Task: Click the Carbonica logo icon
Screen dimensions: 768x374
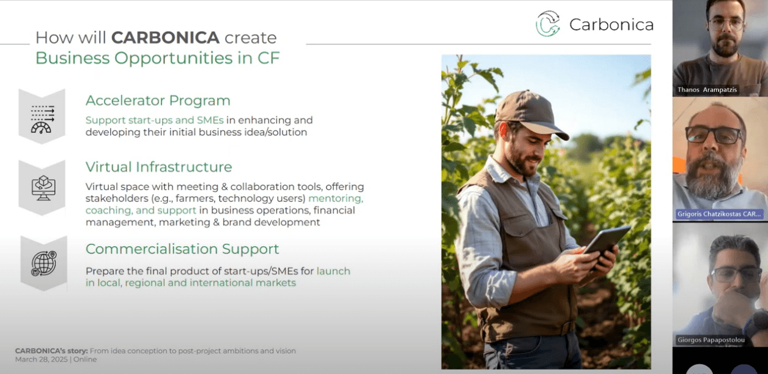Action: pyautogui.click(x=548, y=24)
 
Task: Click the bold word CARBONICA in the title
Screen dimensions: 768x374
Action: pyautogui.click(x=165, y=37)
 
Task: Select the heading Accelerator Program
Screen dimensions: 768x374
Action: pyautogui.click(x=158, y=100)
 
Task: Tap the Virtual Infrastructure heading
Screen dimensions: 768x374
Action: pyautogui.click(x=159, y=167)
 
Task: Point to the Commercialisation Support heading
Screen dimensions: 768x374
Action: pyautogui.click(x=182, y=249)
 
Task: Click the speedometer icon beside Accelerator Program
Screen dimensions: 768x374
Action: pyautogui.click(x=42, y=119)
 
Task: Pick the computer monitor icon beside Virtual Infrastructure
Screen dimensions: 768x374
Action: pyautogui.click(x=43, y=188)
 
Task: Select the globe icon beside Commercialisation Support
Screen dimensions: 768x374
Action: pyautogui.click(x=43, y=264)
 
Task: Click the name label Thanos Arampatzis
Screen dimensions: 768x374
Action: pyautogui.click(x=707, y=90)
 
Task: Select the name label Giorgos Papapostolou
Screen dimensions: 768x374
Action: pyautogui.click(x=711, y=340)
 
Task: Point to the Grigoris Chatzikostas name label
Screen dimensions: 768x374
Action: pyautogui.click(x=719, y=214)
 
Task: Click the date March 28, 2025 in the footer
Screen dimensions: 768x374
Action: pyautogui.click(x=41, y=359)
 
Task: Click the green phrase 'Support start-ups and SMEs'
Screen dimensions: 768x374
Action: pyautogui.click(x=154, y=121)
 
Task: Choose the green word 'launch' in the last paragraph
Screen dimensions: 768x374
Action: pyautogui.click(x=333, y=271)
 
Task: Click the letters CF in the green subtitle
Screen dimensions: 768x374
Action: pyautogui.click(x=268, y=58)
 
